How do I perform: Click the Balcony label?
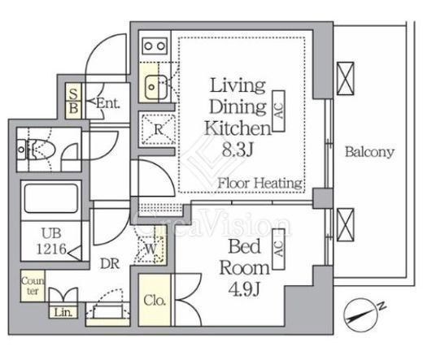369,152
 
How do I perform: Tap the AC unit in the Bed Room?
278,249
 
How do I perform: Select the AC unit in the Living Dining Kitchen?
278,111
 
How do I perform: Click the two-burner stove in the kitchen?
155,46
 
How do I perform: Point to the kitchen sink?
155,87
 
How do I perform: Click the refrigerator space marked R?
159,129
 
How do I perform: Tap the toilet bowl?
41,150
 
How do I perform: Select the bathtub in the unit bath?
51,198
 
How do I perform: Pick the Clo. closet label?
155,301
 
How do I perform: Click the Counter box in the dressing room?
33,286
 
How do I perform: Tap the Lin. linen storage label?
63,313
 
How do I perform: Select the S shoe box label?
73,93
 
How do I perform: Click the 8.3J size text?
238,150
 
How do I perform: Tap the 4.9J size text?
244,289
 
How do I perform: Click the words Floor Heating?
259,184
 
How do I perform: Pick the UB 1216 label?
51,241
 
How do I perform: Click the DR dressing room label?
110,263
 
